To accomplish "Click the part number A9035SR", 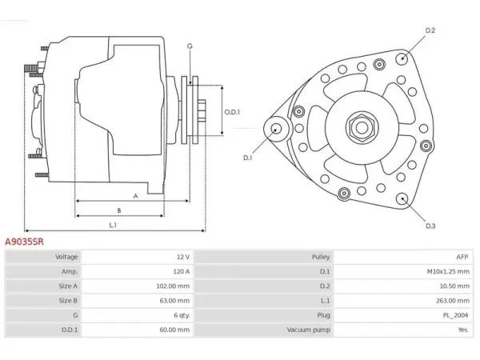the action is [x=24, y=242].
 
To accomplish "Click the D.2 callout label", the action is [x=430, y=30].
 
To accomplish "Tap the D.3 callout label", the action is [x=430, y=226].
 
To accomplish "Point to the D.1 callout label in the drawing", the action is [x=247, y=158].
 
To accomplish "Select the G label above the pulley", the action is [x=190, y=46].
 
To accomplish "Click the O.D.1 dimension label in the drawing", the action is [x=232, y=112].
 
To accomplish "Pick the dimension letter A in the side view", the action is [x=136, y=196].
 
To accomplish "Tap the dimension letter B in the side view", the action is [x=119, y=210].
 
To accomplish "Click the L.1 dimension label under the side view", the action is [x=113, y=226].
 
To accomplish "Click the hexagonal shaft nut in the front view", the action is [x=362, y=128].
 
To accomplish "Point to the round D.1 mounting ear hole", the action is [x=277, y=129].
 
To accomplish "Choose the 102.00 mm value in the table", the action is [x=173, y=286].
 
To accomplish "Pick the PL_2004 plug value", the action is [x=455, y=315].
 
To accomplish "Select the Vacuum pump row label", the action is [x=308, y=330].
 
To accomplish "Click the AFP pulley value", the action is [x=462, y=257].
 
